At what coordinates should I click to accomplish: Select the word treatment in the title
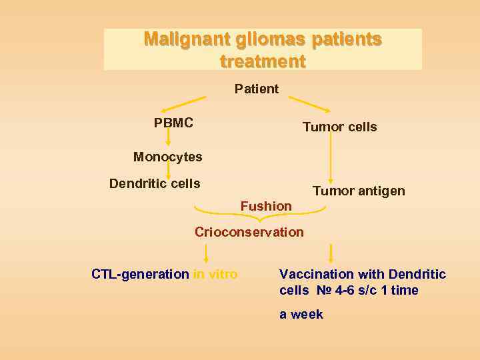[x=263, y=62]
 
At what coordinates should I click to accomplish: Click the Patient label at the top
[x=257, y=89]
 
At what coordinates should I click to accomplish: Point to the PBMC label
[x=173, y=123]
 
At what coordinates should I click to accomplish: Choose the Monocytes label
[x=167, y=157]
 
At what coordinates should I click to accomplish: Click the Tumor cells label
[x=339, y=127]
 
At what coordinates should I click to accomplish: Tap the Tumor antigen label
[x=359, y=191]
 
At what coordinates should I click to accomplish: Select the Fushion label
[x=266, y=206]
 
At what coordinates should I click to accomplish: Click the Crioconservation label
[x=249, y=232]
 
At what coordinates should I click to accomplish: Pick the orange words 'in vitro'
[x=215, y=274]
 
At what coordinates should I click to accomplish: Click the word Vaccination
[x=317, y=274]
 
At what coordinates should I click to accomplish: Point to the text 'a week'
[x=301, y=314]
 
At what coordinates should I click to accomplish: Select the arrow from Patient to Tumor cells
[x=310, y=104]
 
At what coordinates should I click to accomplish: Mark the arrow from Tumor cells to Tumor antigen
[x=331, y=160]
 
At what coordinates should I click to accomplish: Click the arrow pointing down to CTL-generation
[x=206, y=253]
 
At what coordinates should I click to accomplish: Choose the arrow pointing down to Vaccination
[x=331, y=253]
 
